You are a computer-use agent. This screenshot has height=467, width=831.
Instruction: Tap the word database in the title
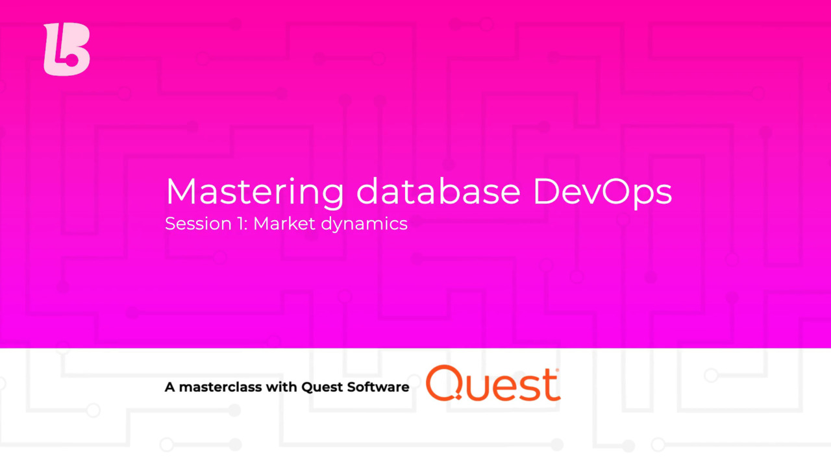(438, 191)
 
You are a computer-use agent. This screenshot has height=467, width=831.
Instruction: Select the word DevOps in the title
(602, 192)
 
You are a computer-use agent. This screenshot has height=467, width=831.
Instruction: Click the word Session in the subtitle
(189, 224)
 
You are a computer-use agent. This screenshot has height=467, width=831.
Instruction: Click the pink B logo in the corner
(66, 49)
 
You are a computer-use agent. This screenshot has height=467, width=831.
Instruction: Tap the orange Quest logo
(493, 383)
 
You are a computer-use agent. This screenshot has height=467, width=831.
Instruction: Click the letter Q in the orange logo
(444, 383)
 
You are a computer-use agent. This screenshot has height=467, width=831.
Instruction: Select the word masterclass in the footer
(221, 387)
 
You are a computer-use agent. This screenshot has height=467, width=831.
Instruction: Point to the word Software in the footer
(380, 387)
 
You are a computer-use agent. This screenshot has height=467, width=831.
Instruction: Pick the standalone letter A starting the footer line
(170, 387)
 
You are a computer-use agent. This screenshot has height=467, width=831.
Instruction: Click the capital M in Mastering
(181, 192)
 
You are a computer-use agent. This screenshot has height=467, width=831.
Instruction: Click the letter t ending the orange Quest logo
(552, 385)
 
